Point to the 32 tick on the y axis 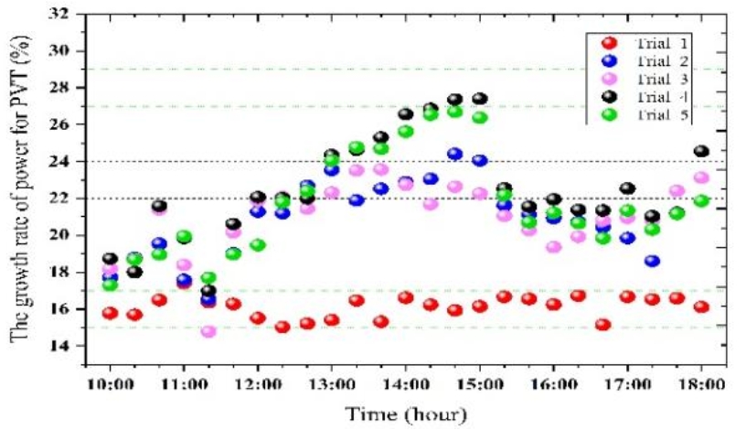coord(69,14)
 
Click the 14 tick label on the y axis coord(69,346)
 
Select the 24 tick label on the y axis coord(69,161)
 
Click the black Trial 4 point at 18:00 coord(702,151)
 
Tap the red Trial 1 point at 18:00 coord(702,307)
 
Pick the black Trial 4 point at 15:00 coord(480,99)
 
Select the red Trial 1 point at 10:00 coord(111,313)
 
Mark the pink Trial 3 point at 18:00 coord(702,177)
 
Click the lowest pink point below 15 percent coord(208,331)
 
